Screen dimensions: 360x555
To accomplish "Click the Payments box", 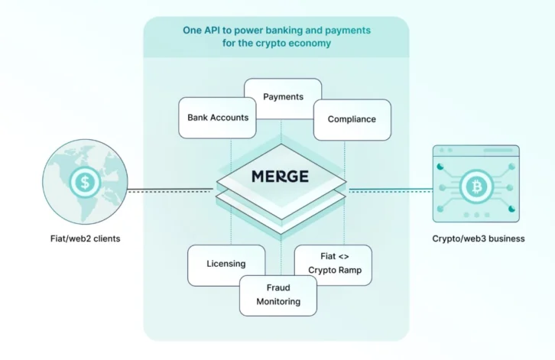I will [283, 97].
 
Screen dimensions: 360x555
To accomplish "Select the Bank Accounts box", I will [218, 118].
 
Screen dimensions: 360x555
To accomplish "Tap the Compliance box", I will [352, 119].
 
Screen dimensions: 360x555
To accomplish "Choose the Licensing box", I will [226, 264].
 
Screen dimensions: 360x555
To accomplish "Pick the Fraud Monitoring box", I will [278, 295].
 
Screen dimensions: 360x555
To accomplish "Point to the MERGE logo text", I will [280, 177].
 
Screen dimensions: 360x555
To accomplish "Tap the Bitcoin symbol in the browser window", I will [476, 186].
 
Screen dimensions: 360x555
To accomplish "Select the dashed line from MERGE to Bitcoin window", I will [390, 190].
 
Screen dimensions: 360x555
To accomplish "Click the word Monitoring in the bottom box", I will [278, 302].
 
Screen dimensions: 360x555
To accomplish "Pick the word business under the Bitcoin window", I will [505, 238].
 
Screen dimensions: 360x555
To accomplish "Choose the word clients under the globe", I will [105, 238].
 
